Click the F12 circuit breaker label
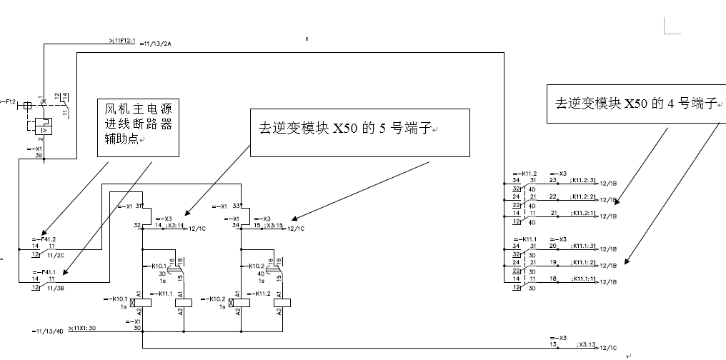click(x=8, y=102)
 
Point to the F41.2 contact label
click(x=44, y=239)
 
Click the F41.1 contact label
click(x=44, y=274)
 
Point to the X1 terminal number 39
click(x=39, y=155)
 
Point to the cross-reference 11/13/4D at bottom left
click(x=48, y=331)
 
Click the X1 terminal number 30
click(x=137, y=328)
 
